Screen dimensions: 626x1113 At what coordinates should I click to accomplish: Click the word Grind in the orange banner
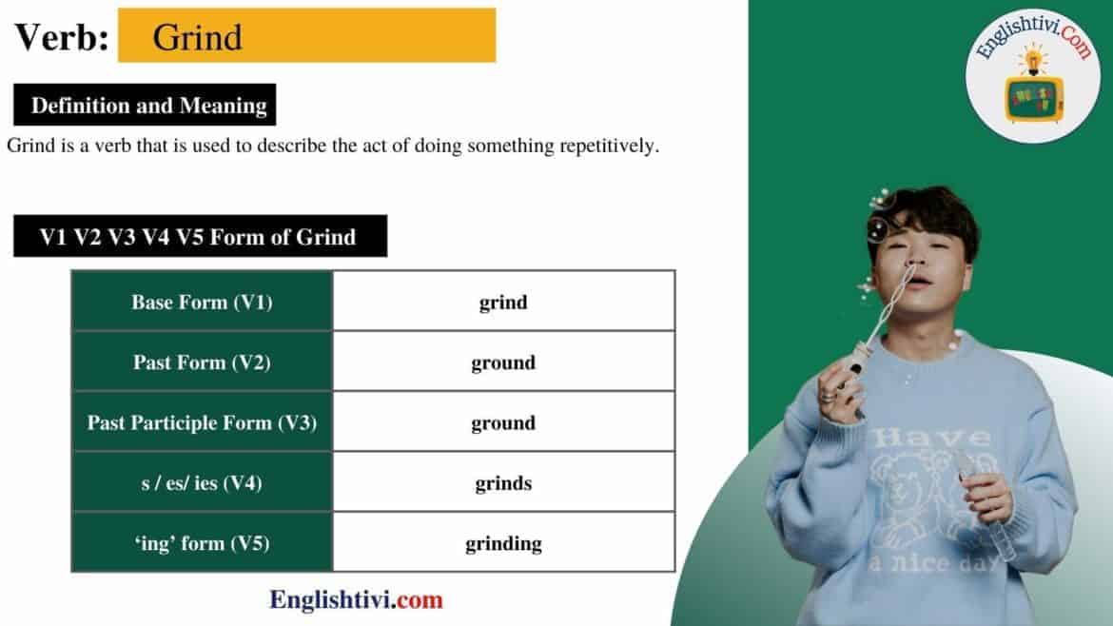(197, 37)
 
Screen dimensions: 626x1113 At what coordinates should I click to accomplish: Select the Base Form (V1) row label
(202, 303)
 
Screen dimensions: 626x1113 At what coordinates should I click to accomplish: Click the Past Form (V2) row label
(202, 362)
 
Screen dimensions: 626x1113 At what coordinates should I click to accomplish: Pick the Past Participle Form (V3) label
(202, 422)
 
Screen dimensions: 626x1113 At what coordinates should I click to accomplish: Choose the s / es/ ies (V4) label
(202, 483)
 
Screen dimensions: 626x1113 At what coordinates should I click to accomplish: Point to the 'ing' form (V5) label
(202, 543)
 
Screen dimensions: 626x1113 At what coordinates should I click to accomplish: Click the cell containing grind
(503, 303)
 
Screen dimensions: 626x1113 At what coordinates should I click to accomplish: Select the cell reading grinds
(503, 483)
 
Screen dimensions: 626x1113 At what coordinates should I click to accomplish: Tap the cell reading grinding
(503, 543)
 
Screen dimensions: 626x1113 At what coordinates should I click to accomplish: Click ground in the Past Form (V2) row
(503, 362)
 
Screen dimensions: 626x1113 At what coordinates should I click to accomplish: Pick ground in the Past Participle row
(503, 422)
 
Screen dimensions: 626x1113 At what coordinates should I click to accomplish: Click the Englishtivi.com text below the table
(356, 600)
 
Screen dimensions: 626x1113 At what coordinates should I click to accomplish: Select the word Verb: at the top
(62, 37)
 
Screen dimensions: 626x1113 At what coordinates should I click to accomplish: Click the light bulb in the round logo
(1031, 59)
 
